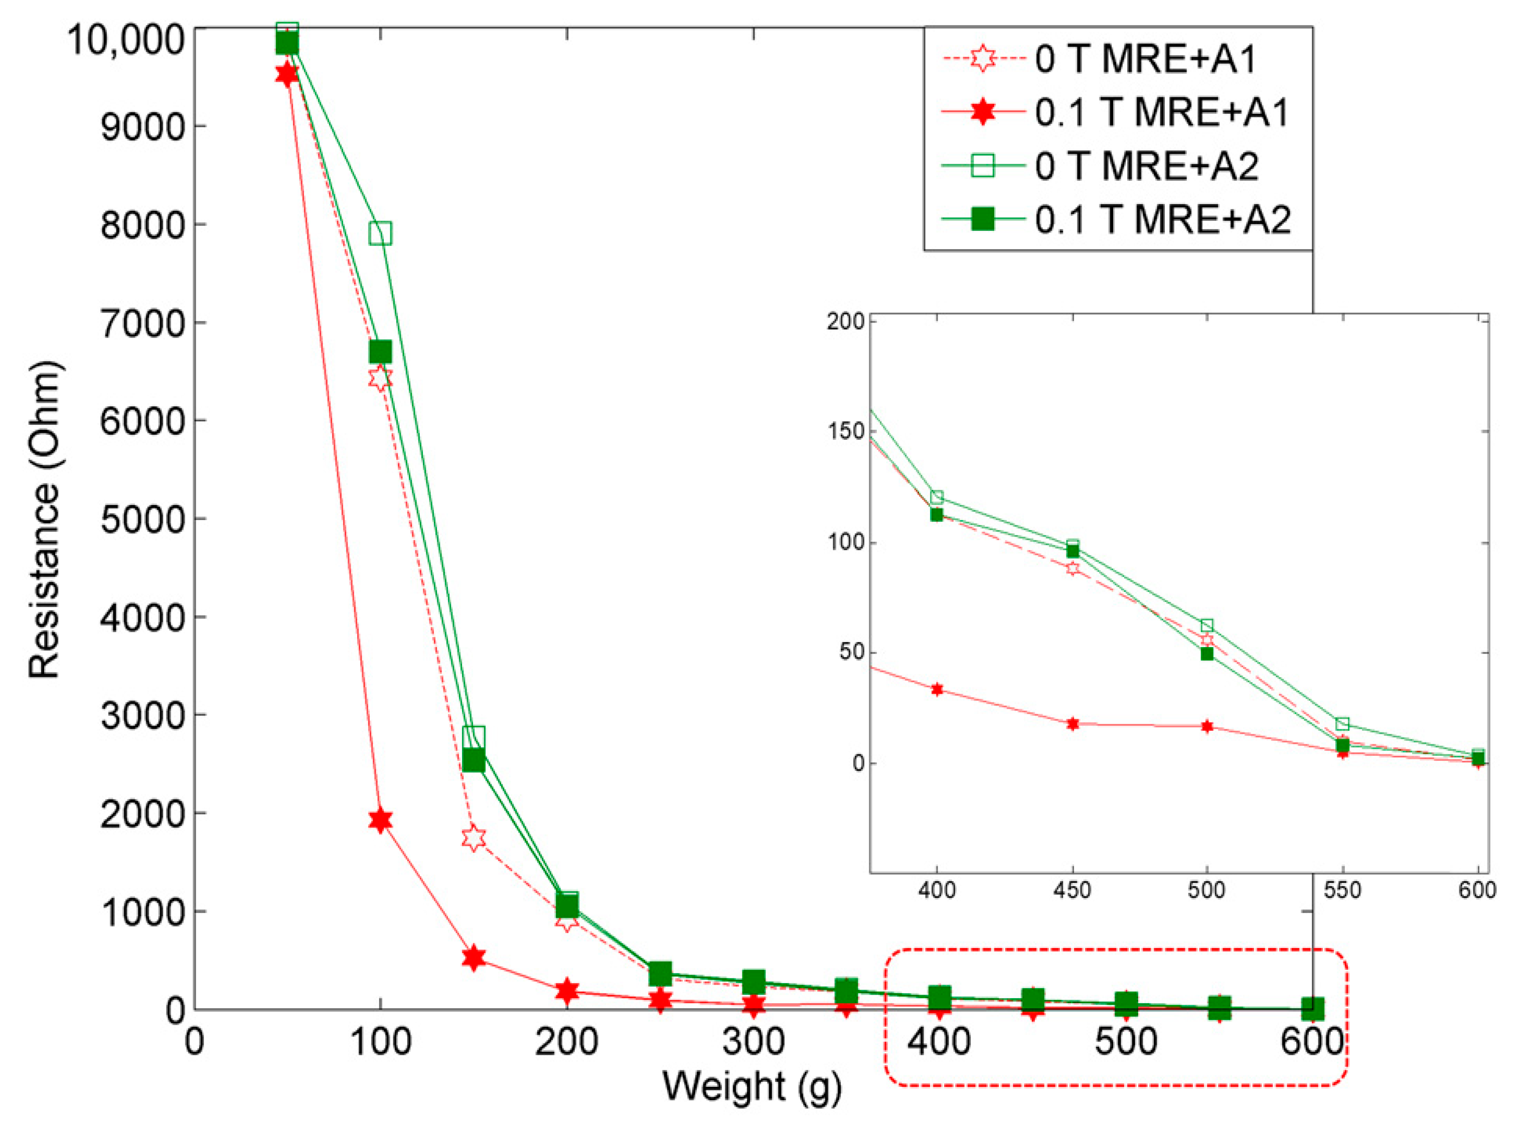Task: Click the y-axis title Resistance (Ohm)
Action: coord(45,520)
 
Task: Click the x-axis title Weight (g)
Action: coord(752,1085)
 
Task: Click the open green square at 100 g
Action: coord(380,233)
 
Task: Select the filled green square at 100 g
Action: coord(380,351)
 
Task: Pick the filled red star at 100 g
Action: coord(380,820)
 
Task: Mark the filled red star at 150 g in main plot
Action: coord(474,958)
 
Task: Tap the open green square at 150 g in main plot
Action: coord(474,737)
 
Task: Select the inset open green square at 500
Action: coord(1207,626)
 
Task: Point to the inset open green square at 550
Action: coord(1342,724)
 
